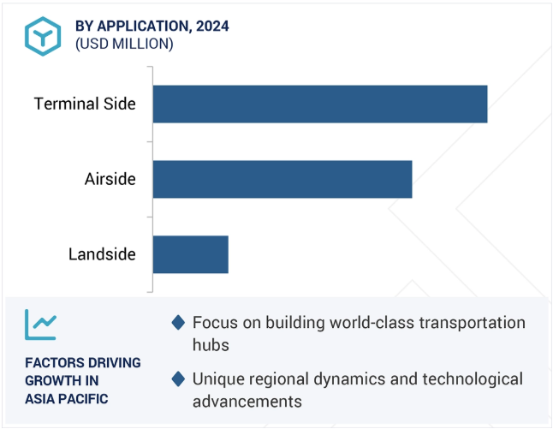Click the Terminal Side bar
point(320,104)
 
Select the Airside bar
point(282,179)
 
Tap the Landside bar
point(191,254)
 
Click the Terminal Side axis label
point(85,104)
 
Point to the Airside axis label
point(110,179)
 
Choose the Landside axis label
point(102,254)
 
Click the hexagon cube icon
point(43,36)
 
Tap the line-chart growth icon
point(40,325)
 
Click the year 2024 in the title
point(212,26)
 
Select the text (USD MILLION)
point(124,44)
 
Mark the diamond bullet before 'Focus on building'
point(178,323)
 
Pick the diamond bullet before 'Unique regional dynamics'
point(178,379)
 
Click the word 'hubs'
point(211,345)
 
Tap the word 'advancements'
point(247,402)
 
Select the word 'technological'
point(473,379)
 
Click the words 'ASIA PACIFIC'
point(67,399)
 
